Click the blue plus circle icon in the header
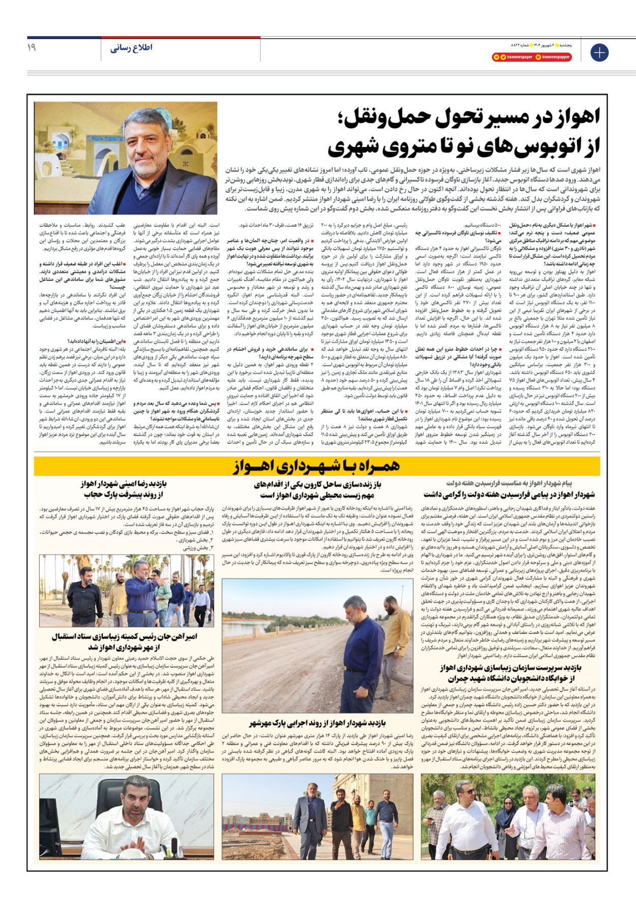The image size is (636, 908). (x=599, y=52)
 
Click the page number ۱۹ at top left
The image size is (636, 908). (x=32, y=47)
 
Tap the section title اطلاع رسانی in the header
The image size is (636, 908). (x=131, y=48)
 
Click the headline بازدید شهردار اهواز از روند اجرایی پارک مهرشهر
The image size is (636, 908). (x=317, y=723)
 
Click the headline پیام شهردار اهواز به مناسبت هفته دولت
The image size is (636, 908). (x=509, y=483)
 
